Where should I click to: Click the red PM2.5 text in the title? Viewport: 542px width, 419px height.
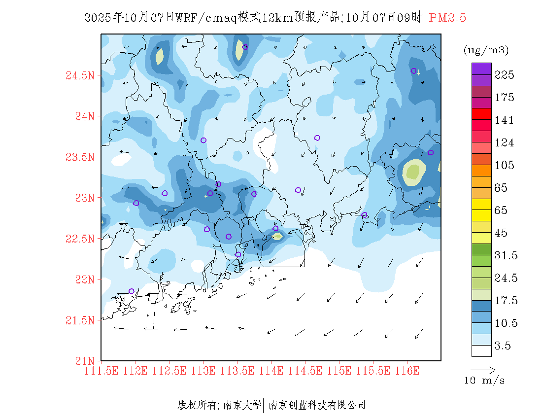pyautogui.click(x=447, y=18)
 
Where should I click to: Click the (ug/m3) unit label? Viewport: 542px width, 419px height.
pyautogui.click(x=486, y=50)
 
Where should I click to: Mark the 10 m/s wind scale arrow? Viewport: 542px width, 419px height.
pyautogui.click(x=482, y=369)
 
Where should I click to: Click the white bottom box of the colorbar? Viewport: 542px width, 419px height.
pyautogui.click(x=481, y=350)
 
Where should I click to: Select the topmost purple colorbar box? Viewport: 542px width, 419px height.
pyautogui.click(x=481, y=69)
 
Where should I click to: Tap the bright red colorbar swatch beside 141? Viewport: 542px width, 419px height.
pyautogui.click(x=481, y=114)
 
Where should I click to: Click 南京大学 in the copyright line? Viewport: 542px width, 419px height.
pyautogui.click(x=242, y=405)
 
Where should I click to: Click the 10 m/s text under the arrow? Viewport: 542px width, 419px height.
pyautogui.click(x=485, y=381)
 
